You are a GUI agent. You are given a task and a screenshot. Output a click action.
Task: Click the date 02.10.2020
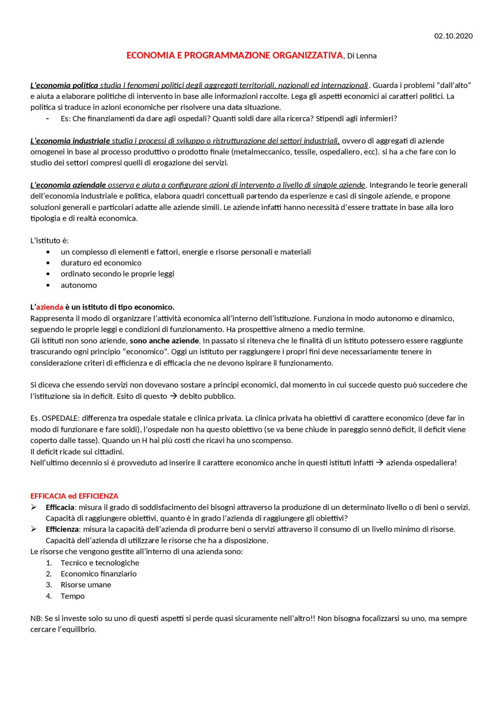click(453, 36)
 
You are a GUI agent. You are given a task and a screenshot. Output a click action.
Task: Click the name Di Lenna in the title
click(362, 56)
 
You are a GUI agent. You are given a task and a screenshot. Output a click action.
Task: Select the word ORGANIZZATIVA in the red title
click(308, 55)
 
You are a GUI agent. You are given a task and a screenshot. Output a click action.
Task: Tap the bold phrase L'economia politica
click(64, 85)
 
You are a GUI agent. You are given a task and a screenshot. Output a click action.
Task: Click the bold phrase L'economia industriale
click(70, 141)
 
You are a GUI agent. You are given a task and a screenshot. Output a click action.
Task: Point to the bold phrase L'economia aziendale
click(68, 185)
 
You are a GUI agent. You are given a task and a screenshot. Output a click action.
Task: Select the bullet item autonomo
click(79, 285)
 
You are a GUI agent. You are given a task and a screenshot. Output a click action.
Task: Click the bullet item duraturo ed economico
click(101, 263)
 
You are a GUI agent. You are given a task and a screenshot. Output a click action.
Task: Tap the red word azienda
click(50, 307)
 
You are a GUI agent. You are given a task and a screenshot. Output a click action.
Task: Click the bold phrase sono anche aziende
click(164, 340)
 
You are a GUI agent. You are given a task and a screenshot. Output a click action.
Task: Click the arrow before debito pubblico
click(173, 396)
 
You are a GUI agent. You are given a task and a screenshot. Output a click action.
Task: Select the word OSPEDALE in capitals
click(61, 418)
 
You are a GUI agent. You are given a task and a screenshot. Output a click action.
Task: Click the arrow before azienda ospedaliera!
click(380, 462)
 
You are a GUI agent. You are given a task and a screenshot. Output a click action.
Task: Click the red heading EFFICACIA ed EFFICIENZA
click(74, 496)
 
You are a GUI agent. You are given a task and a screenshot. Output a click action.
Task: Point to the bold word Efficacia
click(60, 507)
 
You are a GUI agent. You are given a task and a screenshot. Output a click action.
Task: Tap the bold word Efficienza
click(62, 529)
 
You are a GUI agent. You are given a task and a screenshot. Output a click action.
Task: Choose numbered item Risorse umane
click(86, 585)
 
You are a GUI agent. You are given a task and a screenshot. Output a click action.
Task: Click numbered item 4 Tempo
click(72, 596)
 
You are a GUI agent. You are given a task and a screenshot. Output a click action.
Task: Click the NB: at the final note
click(36, 618)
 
